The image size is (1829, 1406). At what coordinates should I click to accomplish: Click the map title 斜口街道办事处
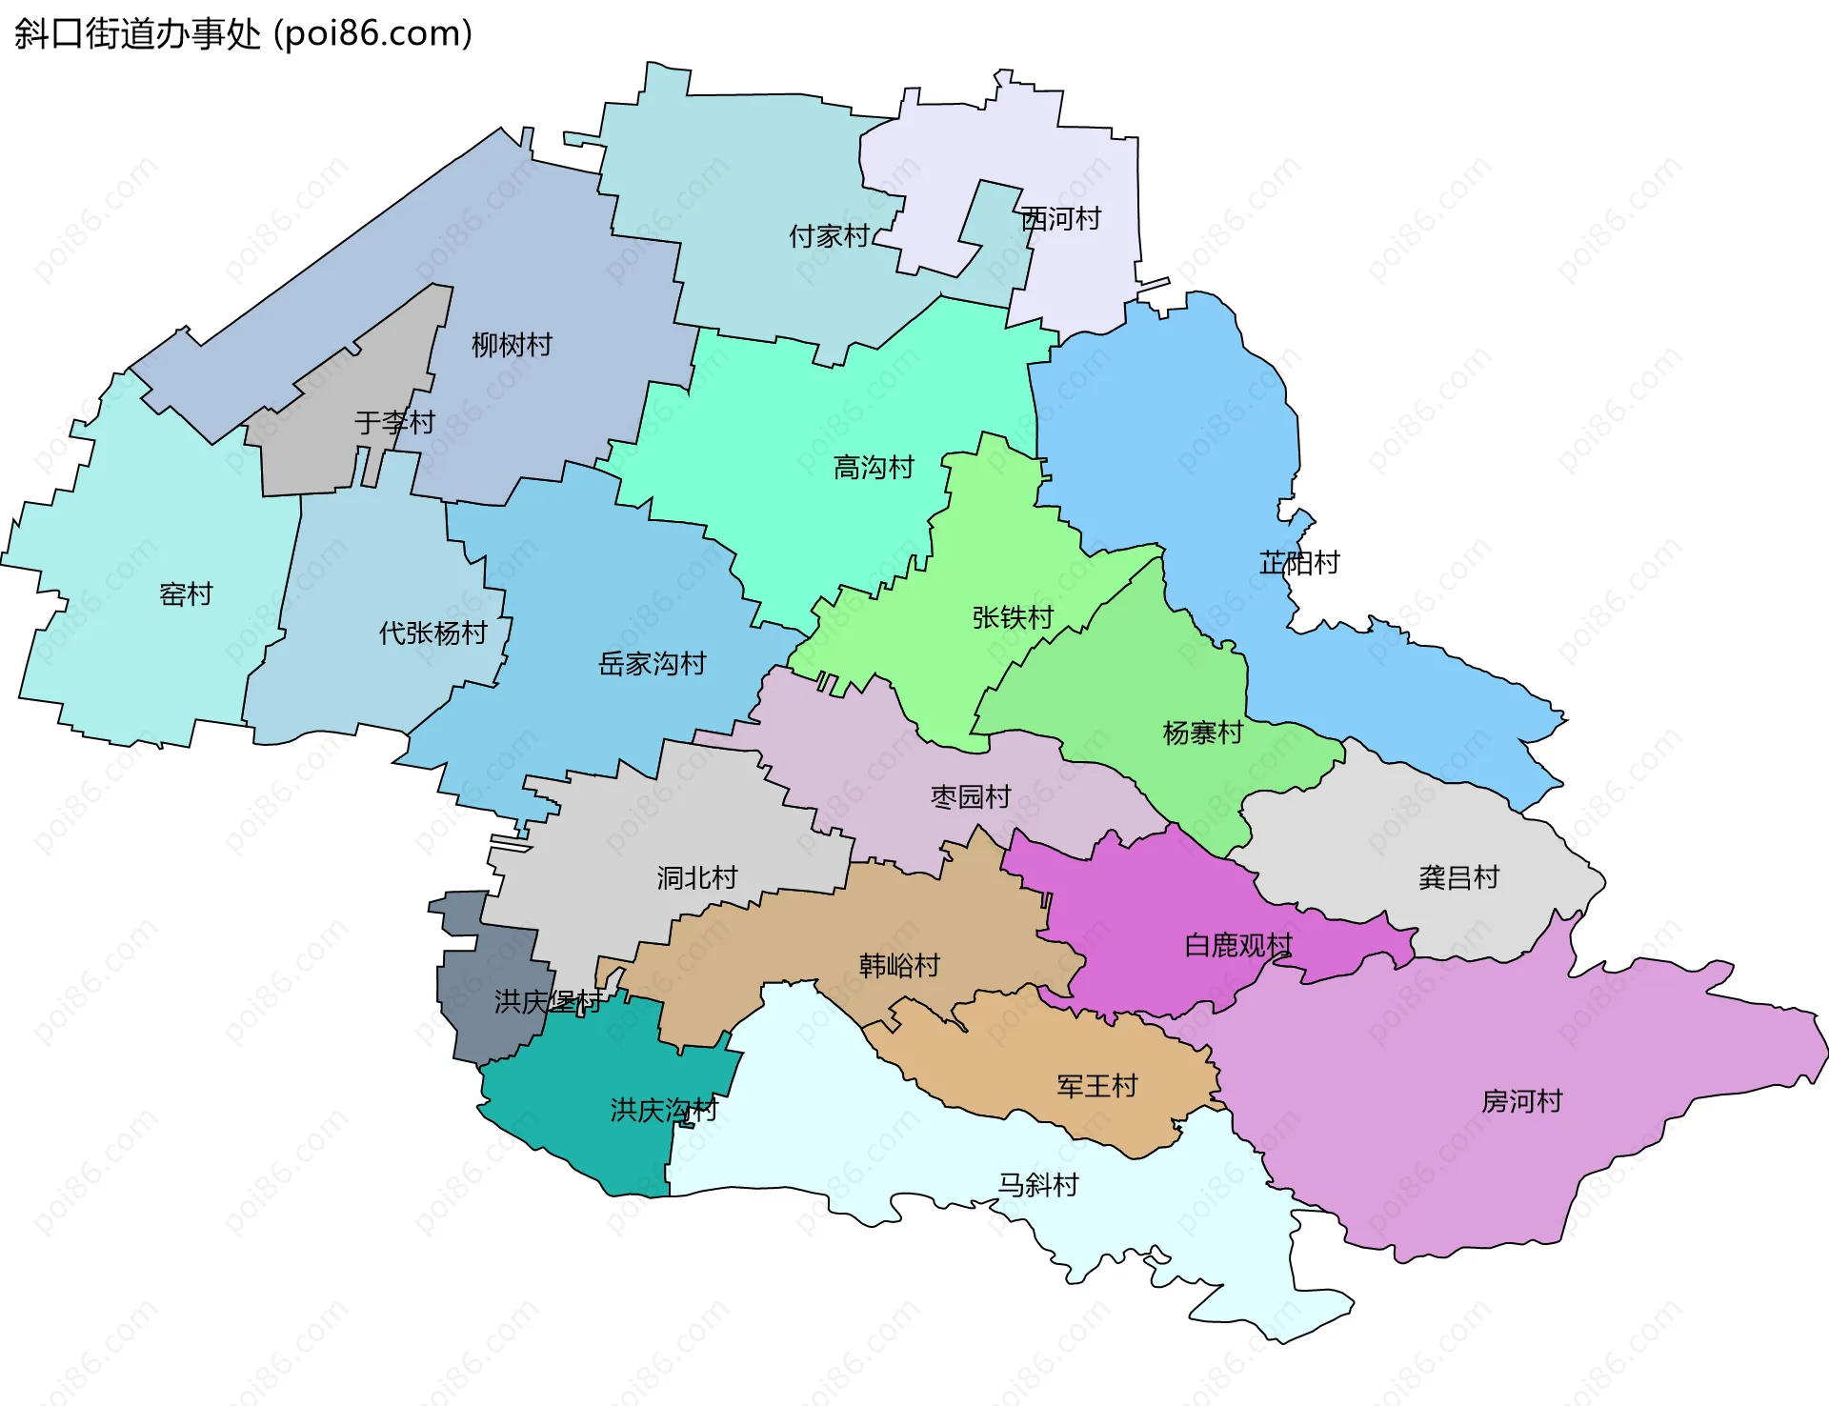point(138,34)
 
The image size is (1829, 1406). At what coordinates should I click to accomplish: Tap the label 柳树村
point(512,345)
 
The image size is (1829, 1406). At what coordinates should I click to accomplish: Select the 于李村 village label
point(394,422)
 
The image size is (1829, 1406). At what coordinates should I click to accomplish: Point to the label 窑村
point(186,594)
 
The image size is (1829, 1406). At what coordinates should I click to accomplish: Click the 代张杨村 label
point(432,633)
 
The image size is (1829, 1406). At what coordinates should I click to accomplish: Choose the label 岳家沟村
point(652,664)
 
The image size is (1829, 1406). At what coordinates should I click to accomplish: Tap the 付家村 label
point(829,236)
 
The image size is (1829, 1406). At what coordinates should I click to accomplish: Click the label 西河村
point(1060,219)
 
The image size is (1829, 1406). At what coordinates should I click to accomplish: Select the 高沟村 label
point(873,468)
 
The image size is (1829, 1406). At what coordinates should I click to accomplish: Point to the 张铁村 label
point(1012,618)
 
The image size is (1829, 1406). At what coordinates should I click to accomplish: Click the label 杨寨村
point(1202,733)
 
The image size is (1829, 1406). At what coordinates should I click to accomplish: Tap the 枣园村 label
point(970,796)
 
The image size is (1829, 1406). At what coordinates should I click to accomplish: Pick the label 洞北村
point(696,877)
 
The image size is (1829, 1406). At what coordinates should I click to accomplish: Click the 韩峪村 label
point(898,966)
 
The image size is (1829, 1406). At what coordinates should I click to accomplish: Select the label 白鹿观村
point(1237,946)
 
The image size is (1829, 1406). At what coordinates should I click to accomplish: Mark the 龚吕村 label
point(1458,877)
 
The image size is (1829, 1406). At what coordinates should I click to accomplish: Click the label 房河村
point(1521,1101)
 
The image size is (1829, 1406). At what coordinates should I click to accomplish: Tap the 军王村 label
point(1096,1086)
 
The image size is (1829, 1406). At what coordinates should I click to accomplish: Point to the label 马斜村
point(1037,1185)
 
